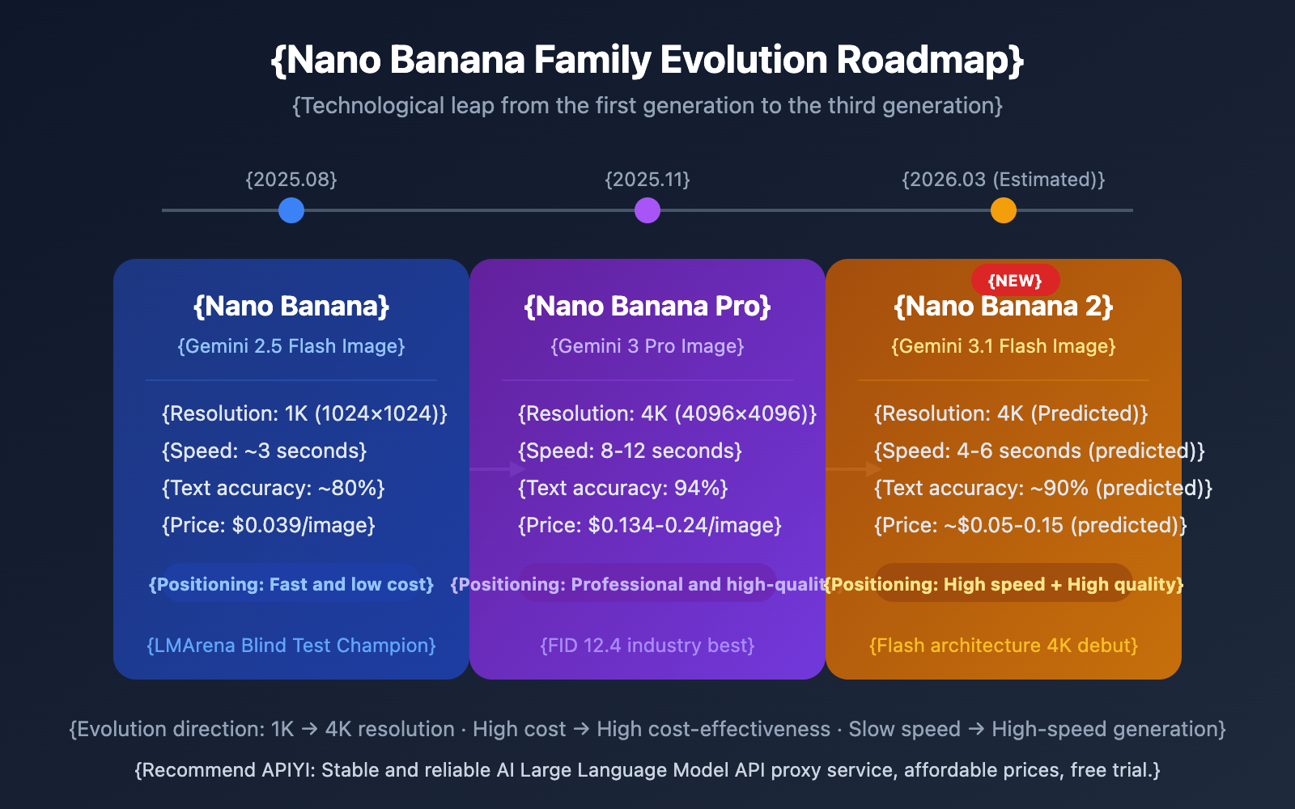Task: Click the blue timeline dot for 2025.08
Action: (x=291, y=210)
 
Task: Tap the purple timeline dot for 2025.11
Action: (x=647, y=210)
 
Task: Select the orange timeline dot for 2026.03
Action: (x=1004, y=210)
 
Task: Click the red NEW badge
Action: (x=1015, y=280)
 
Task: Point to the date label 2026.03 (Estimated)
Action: (x=1004, y=180)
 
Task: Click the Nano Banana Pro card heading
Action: (x=647, y=307)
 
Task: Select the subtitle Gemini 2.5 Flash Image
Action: (x=291, y=346)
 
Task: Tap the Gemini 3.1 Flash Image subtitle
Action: (x=1004, y=346)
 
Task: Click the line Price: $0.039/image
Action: (x=269, y=525)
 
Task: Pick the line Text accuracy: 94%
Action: (x=623, y=488)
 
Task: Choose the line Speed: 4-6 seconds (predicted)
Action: (x=1039, y=451)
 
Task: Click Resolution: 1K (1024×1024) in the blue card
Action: (x=304, y=413)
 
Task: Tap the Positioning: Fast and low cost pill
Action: (x=291, y=584)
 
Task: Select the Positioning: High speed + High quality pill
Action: (x=1004, y=584)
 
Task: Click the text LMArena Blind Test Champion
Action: (x=291, y=646)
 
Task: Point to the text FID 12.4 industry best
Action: (x=647, y=646)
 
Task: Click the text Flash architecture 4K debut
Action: (x=1004, y=646)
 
